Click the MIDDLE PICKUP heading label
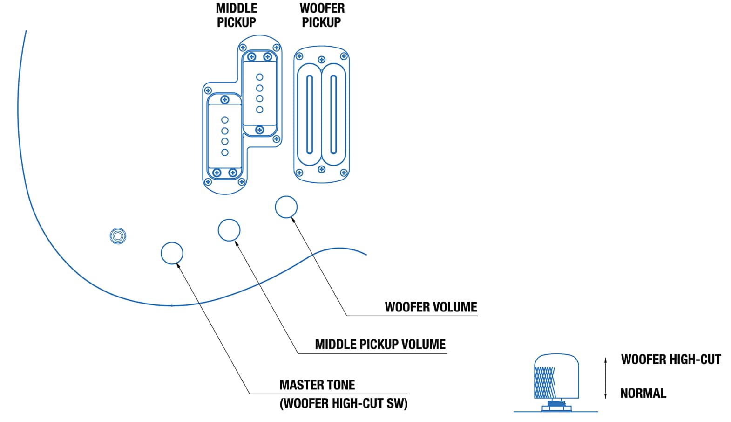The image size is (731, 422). [237, 15]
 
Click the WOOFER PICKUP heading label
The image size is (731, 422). [322, 15]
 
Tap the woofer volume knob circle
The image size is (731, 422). [286, 207]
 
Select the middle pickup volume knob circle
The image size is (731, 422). [229, 230]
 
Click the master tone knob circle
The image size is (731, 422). [172, 253]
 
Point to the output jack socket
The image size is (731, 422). [118, 236]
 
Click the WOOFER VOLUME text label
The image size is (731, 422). [431, 307]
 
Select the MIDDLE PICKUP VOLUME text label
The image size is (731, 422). [380, 345]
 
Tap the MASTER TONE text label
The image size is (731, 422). [317, 385]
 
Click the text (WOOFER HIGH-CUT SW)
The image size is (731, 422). [344, 403]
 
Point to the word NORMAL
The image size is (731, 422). [643, 394]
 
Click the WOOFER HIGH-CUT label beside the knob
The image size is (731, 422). [670, 360]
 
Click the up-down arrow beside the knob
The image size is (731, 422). [605, 378]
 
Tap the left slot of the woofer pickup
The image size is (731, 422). [310, 114]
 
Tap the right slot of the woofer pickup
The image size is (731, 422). [333, 114]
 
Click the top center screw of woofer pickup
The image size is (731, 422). [321, 60]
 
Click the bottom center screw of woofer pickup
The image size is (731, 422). [321, 169]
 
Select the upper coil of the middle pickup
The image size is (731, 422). [260, 93]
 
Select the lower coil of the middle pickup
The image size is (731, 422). [225, 136]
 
